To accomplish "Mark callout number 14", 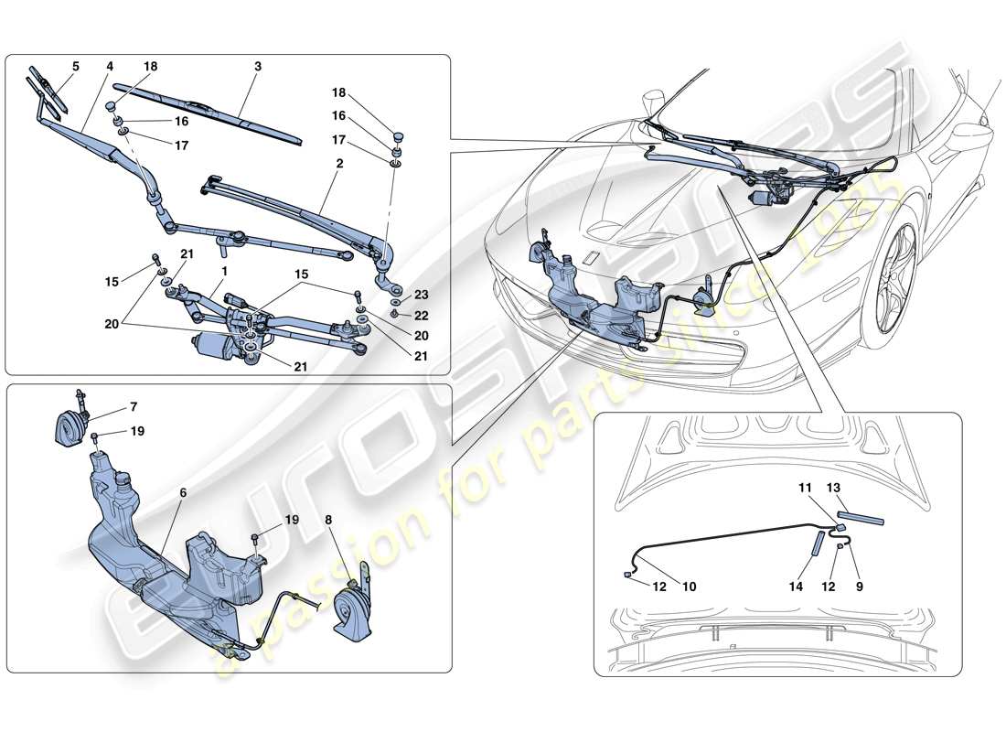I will [x=796, y=586].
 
